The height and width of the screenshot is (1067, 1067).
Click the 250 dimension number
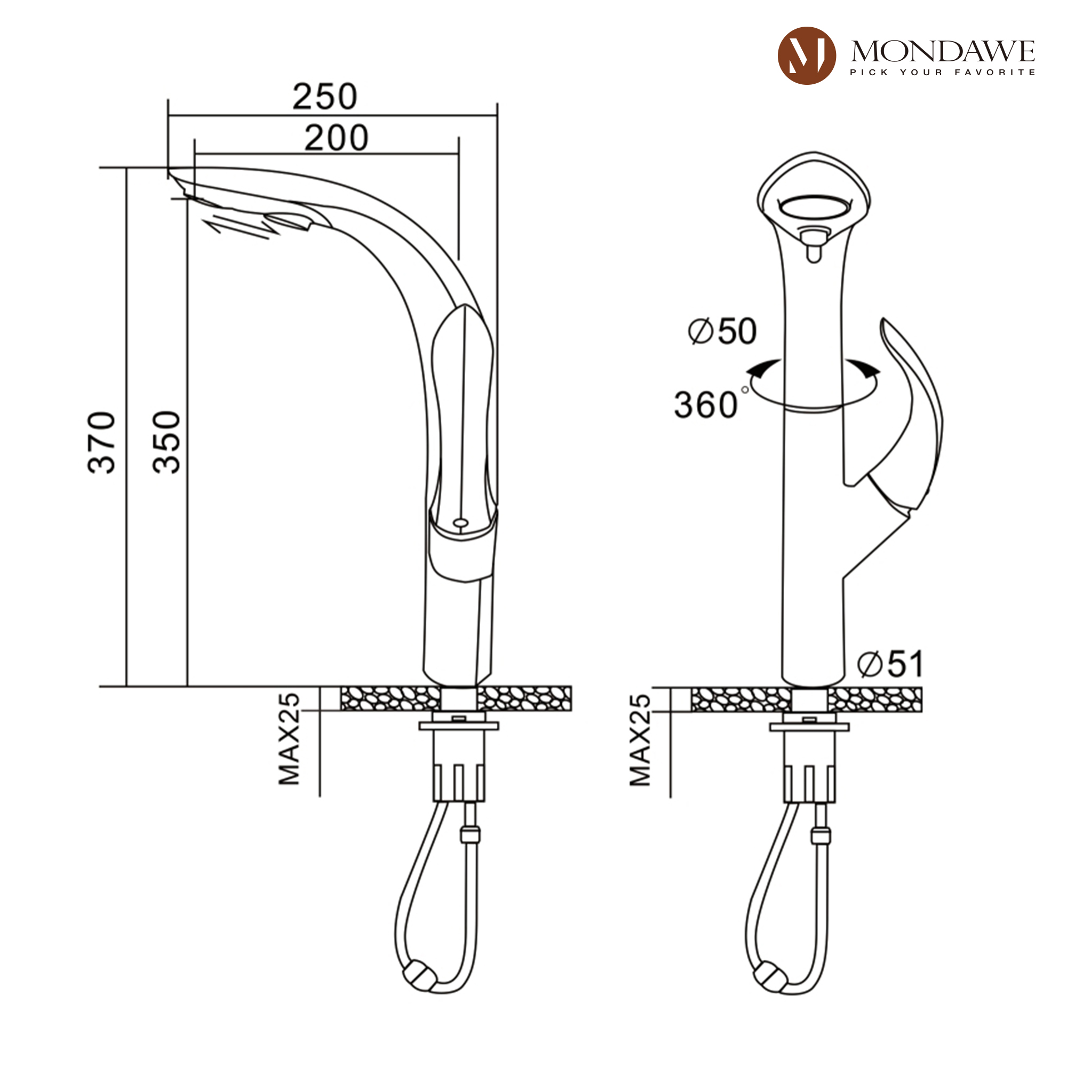(x=325, y=97)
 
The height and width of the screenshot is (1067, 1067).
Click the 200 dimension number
(x=336, y=138)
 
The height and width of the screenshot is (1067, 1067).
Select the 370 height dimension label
(x=102, y=442)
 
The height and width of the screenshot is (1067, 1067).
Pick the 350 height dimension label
(x=167, y=442)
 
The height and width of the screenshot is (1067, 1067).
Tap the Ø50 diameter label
(x=722, y=331)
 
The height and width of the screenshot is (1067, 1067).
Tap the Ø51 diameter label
(x=890, y=663)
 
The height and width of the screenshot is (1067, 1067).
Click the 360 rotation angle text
(x=706, y=405)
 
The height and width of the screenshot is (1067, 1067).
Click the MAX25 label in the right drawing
(x=641, y=740)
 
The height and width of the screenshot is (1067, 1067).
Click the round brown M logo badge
(x=806, y=56)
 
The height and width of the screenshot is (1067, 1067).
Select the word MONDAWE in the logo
(x=942, y=51)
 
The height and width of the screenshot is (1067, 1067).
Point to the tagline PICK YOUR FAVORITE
(x=942, y=73)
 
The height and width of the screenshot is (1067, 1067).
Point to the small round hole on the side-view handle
(x=460, y=522)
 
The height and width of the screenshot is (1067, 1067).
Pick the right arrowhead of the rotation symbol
(x=864, y=368)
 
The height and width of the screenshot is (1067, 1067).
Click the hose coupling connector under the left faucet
(x=470, y=834)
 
